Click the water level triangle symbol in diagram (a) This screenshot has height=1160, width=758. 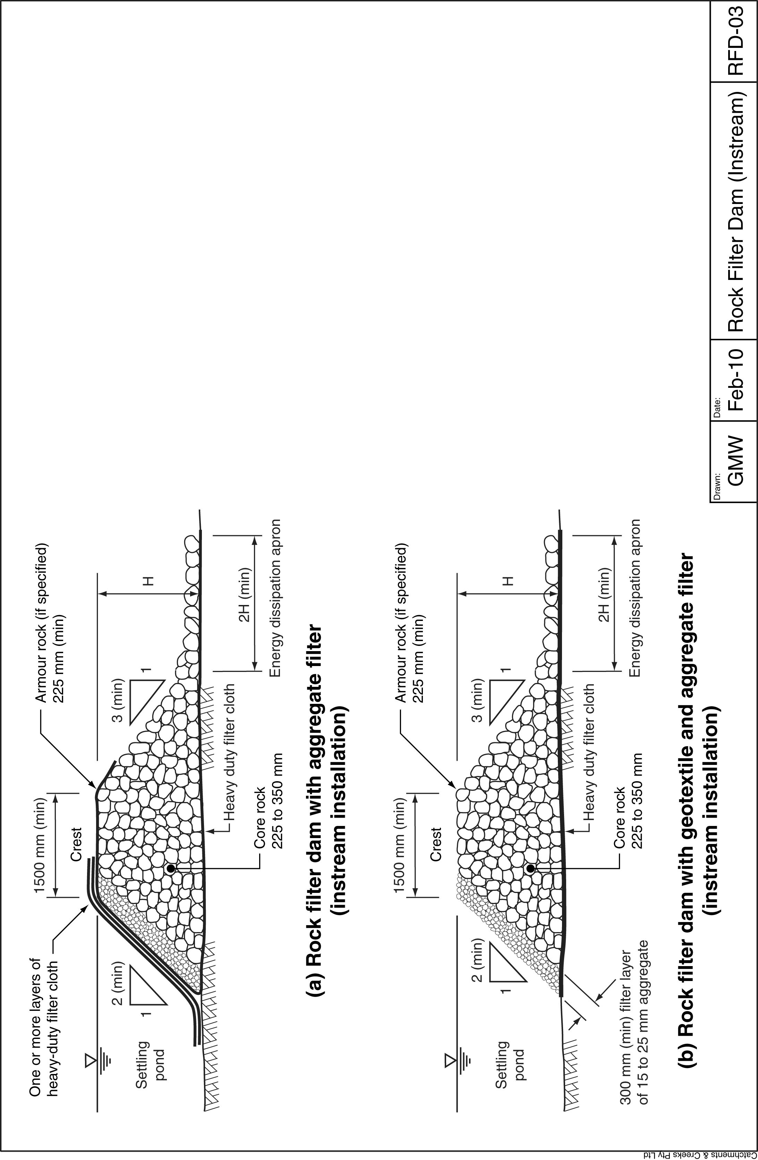pos(90,1059)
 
